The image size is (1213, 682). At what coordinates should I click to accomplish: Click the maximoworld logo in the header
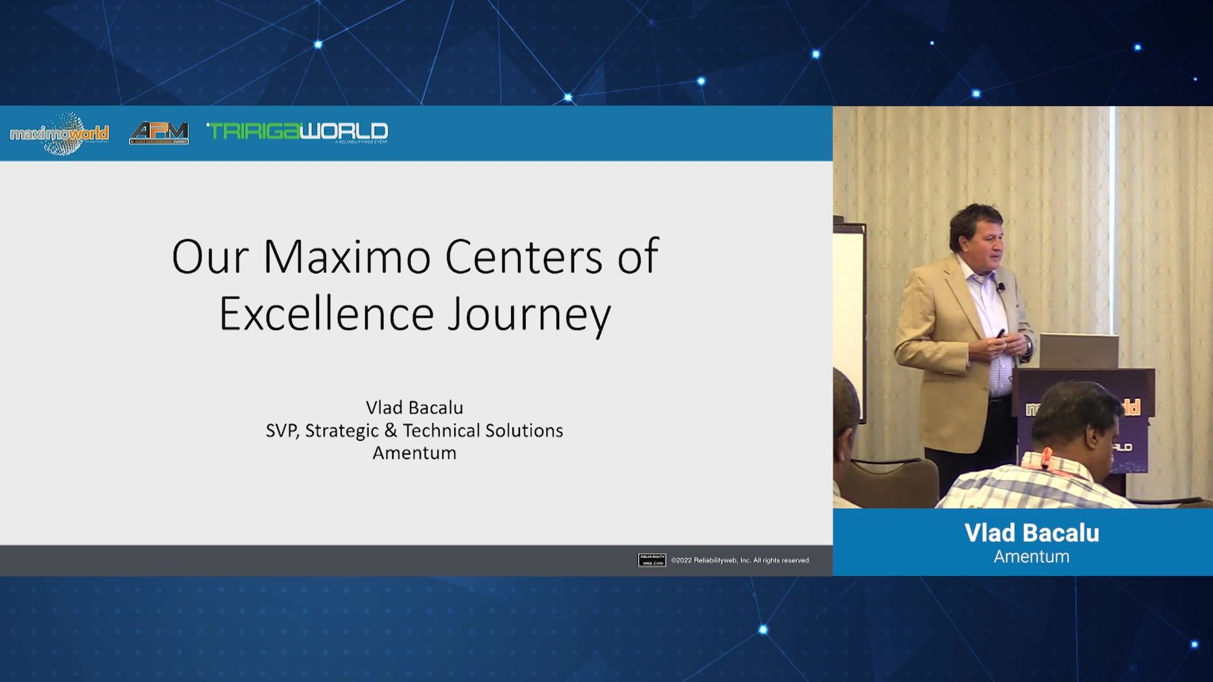pos(59,133)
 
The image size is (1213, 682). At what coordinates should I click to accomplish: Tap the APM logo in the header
pos(159,133)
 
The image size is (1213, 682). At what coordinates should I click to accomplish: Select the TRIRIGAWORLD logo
pos(298,132)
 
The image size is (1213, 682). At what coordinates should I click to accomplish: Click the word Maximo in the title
pos(347,257)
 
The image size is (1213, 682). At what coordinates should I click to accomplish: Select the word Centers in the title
pos(524,257)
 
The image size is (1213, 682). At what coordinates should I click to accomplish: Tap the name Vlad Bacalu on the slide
pos(414,407)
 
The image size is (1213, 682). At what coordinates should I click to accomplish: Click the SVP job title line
pos(414,430)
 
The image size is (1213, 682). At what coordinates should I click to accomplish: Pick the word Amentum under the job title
pos(414,453)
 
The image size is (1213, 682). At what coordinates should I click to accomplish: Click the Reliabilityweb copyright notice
pos(740,560)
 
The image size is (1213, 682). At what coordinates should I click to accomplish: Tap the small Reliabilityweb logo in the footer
pos(651,560)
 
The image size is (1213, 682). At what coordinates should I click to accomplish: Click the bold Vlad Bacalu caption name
pos(1032,533)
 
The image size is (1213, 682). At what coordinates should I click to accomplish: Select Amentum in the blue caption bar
pos(1032,556)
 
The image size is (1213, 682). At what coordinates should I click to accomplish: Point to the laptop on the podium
pos(1078,351)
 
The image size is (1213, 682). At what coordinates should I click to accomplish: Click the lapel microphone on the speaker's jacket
pos(1001,288)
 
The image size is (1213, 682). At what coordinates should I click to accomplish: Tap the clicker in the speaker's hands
pos(1000,333)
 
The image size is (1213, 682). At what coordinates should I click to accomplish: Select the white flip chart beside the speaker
pos(848,303)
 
